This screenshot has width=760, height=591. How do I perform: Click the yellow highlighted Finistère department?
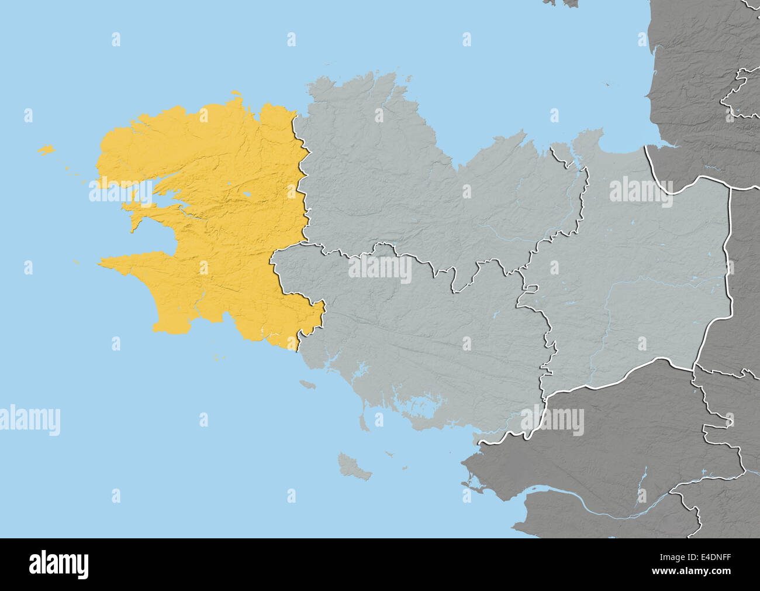pyautogui.click(x=222, y=234)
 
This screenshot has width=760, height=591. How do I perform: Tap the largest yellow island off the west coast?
pyautogui.click(x=46, y=150)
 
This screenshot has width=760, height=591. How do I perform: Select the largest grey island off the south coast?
pyautogui.click(x=353, y=466)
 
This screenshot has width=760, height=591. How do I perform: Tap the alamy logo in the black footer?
pyautogui.click(x=58, y=565)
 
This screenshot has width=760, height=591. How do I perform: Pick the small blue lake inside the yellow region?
pyautogui.click(x=247, y=194)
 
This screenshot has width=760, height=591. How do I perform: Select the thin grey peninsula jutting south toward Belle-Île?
pyautogui.click(x=363, y=419)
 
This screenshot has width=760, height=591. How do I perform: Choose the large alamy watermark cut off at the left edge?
pyautogui.click(x=29, y=420)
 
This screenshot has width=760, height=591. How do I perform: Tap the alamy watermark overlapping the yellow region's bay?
pyautogui.click(x=120, y=193)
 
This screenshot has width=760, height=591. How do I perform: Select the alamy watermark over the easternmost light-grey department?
pyautogui.click(x=641, y=191)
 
